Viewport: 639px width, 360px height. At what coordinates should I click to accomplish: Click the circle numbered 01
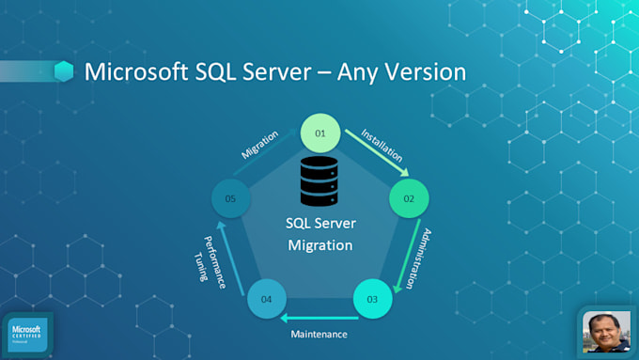point(319,134)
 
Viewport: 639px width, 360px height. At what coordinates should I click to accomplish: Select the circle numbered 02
point(409,198)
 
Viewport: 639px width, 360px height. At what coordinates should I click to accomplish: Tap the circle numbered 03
point(372,299)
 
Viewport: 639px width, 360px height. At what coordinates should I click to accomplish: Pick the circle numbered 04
point(266,299)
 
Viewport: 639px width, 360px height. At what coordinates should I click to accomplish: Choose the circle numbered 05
point(230,198)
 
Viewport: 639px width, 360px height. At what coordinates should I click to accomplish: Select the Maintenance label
point(319,334)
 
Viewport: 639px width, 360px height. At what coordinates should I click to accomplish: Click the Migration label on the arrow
point(260,145)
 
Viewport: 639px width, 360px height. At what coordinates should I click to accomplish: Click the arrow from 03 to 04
point(319,317)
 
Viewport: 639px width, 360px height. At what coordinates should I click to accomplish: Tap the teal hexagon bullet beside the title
point(64,71)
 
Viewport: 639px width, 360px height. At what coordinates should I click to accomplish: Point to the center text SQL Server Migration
point(319,235)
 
